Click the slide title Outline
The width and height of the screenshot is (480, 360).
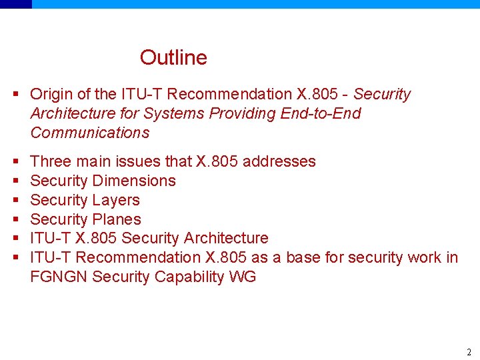pyautogui.click(x=173, y=58)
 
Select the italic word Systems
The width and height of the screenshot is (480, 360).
pyautogui.click(x=172, y=114)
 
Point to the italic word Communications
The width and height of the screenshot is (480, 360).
pyautogui.click(x=90, y=133)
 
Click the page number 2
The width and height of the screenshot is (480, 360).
pyautogui.click(x=469, y=352)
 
